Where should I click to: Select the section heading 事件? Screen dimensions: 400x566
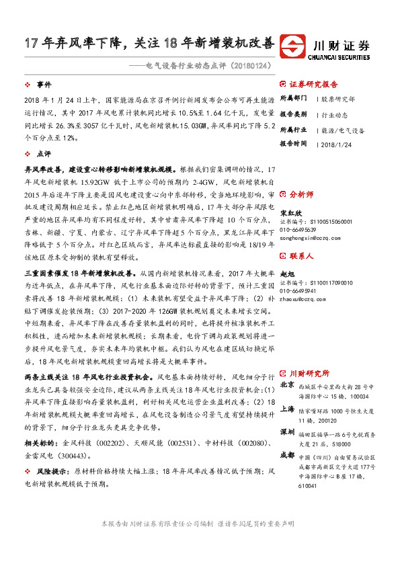44,85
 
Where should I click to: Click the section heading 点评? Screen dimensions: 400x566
44,154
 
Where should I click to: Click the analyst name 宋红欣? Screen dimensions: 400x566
289,213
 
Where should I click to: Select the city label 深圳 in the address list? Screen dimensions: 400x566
287,431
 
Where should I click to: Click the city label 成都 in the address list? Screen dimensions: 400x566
287,456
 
